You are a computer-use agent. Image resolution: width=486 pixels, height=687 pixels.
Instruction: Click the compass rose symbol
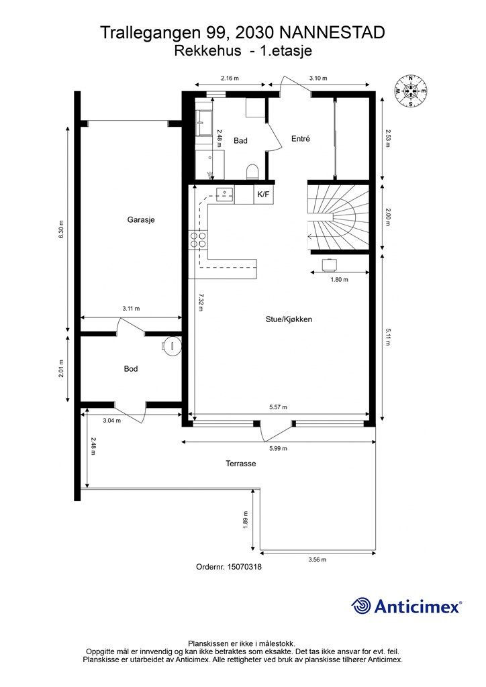(411, 90)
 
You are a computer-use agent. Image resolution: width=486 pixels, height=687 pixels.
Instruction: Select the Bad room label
(240, 141)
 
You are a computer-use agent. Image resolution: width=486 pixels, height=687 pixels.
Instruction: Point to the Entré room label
(300, 139)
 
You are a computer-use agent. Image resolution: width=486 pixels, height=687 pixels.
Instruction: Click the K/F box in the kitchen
(263, 195)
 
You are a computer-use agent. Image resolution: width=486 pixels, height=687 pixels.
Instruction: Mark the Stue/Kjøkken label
(289, 319)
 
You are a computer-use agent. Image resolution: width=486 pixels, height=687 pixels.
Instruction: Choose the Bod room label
(131, 369)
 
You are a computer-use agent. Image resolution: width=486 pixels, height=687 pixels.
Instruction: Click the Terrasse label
(241, 463)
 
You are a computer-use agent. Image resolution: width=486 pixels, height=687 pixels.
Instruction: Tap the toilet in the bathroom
(252, 172)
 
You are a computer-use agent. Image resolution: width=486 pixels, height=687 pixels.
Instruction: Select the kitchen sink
(224, 193)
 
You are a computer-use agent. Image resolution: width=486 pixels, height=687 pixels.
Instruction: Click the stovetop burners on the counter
(199, 240)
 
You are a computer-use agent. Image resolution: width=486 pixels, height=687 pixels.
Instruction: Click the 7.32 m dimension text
(201, 305)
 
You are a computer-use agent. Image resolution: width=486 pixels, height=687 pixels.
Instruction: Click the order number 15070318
(228, 567)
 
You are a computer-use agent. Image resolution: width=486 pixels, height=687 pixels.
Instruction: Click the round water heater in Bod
(173, 346)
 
